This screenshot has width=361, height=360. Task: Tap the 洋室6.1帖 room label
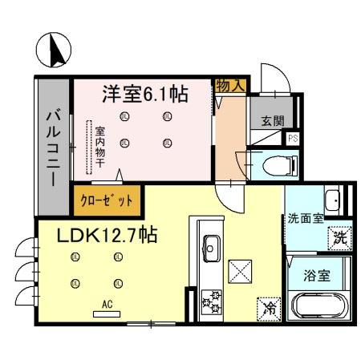point(144,95)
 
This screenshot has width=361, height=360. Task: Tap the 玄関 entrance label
point(272,122)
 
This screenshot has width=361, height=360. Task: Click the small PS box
point(294,138)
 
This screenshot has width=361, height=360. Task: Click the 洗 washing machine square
point(340,237)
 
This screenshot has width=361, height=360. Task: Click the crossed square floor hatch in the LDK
point(240,270)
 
